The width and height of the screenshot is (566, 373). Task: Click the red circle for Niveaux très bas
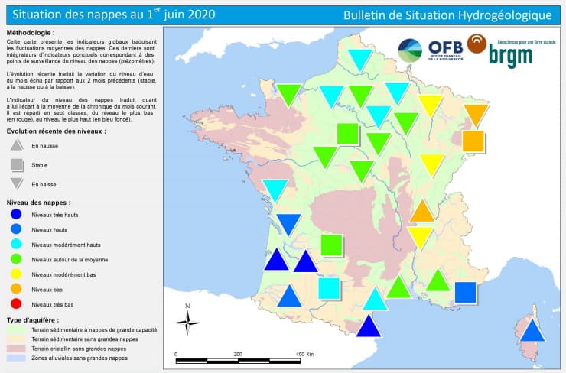coord(16,304)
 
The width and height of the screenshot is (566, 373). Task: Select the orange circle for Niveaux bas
coord(16,289)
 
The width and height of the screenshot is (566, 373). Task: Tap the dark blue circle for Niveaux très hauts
coord(16,216)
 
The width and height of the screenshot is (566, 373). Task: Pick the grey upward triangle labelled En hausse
coord(17,145)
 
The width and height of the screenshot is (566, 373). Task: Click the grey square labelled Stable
coord(17,165)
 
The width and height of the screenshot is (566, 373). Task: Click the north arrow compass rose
coord(187,322)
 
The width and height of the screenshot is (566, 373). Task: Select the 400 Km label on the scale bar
coord(304,355)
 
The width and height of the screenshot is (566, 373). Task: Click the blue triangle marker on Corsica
coord(532,330)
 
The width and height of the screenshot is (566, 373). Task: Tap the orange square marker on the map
coord(473,141)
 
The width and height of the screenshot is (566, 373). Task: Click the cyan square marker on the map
coord(329,288)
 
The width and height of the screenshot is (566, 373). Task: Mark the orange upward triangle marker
coord(422,212)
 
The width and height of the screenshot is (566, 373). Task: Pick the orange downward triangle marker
coord(476,114)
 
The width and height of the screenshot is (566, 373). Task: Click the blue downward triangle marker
coord(288,223)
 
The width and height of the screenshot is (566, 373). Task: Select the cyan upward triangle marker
coord(374,299)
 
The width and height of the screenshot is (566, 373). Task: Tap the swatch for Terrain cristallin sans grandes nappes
coord(15,348)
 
